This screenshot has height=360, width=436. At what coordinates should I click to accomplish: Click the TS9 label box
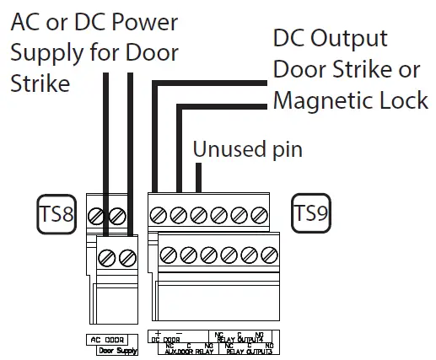(x=310, y=214)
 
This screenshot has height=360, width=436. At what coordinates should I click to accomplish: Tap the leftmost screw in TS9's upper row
(x=159, y=215)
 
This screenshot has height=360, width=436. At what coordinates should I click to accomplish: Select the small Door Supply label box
(x=116, y=348)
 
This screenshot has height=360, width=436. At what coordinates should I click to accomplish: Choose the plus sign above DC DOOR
(x=157, y=333)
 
